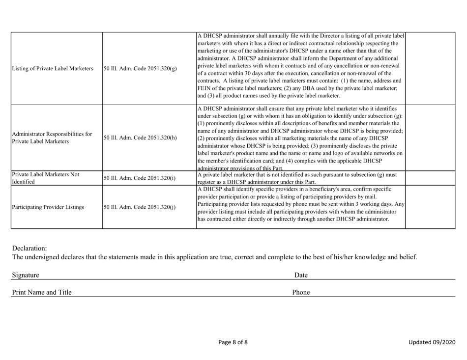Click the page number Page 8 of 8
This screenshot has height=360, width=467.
click(x=233, y=342)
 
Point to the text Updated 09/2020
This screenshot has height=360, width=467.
click(x=431, y=342)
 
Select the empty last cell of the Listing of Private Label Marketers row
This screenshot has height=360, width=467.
click(x=430, y=68)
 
